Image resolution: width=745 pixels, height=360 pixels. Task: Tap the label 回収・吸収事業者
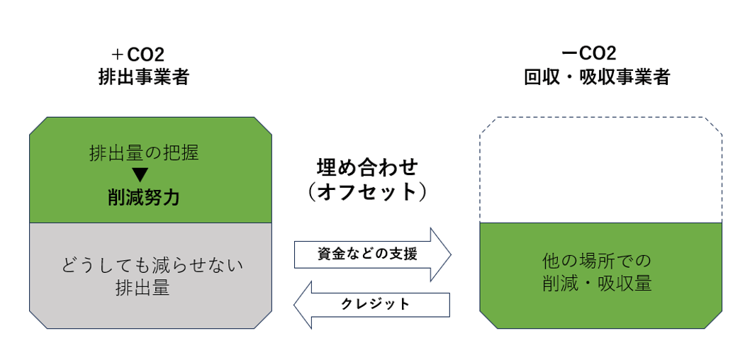click(x=597, y=77)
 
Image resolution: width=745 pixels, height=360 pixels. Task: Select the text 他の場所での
click(x=601, y=261)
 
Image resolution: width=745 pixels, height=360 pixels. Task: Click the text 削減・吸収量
click(x=601, y=284)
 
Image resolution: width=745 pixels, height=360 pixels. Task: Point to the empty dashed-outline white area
click(x=601, y=170)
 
